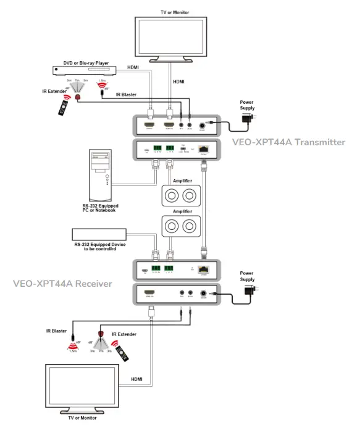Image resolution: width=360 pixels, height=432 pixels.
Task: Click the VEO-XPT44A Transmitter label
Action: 288,142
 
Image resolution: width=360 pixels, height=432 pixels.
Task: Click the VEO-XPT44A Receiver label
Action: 62,284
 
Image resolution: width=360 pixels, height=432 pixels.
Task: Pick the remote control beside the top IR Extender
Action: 63,108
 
